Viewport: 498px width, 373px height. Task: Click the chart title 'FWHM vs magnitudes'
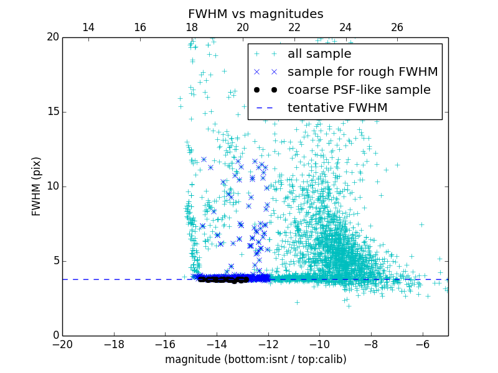[x=255, y=14]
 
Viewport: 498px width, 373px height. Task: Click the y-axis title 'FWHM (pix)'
[x=37, y=186]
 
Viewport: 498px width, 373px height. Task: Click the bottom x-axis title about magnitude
[x=255, y=359]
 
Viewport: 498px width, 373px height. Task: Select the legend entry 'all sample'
[x=319, y=54]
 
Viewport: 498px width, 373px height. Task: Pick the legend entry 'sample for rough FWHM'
[x=362, y=72]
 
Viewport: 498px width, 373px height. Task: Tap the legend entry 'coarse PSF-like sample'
[x=359, y=90]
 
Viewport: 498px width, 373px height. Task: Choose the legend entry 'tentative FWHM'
[x=337, y=108]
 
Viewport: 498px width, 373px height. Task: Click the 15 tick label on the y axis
[x=52, y=112]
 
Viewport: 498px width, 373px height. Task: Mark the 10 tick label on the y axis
[x=52, y=186]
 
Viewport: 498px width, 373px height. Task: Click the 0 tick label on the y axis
[x=55, y=336]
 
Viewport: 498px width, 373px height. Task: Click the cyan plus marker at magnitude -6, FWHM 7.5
[x=421, y=224]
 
